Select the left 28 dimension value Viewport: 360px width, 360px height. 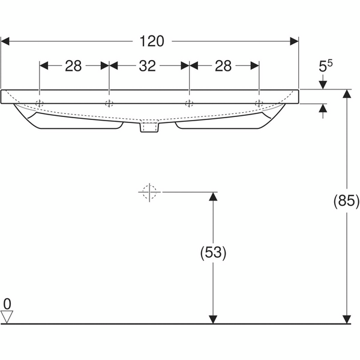click(73, 66)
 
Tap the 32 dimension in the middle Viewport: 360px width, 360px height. click(148, 66)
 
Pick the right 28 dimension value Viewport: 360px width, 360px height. click(223, 66)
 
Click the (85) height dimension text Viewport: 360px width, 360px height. click(346, 202)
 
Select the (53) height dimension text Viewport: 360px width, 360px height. click(212, 253)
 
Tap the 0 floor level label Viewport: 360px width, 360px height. click(7, 302)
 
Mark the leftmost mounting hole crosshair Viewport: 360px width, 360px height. click(40, 104)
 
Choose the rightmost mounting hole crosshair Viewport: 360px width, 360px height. click(259, 104)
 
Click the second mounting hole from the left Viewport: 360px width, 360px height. click(109, 104)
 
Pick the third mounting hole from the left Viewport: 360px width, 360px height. click(189, 104)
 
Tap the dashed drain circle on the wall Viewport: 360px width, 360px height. click(148, 192)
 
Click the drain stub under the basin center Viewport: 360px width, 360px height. click(149, 127)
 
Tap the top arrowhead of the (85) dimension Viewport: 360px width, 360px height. click(346, 95)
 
